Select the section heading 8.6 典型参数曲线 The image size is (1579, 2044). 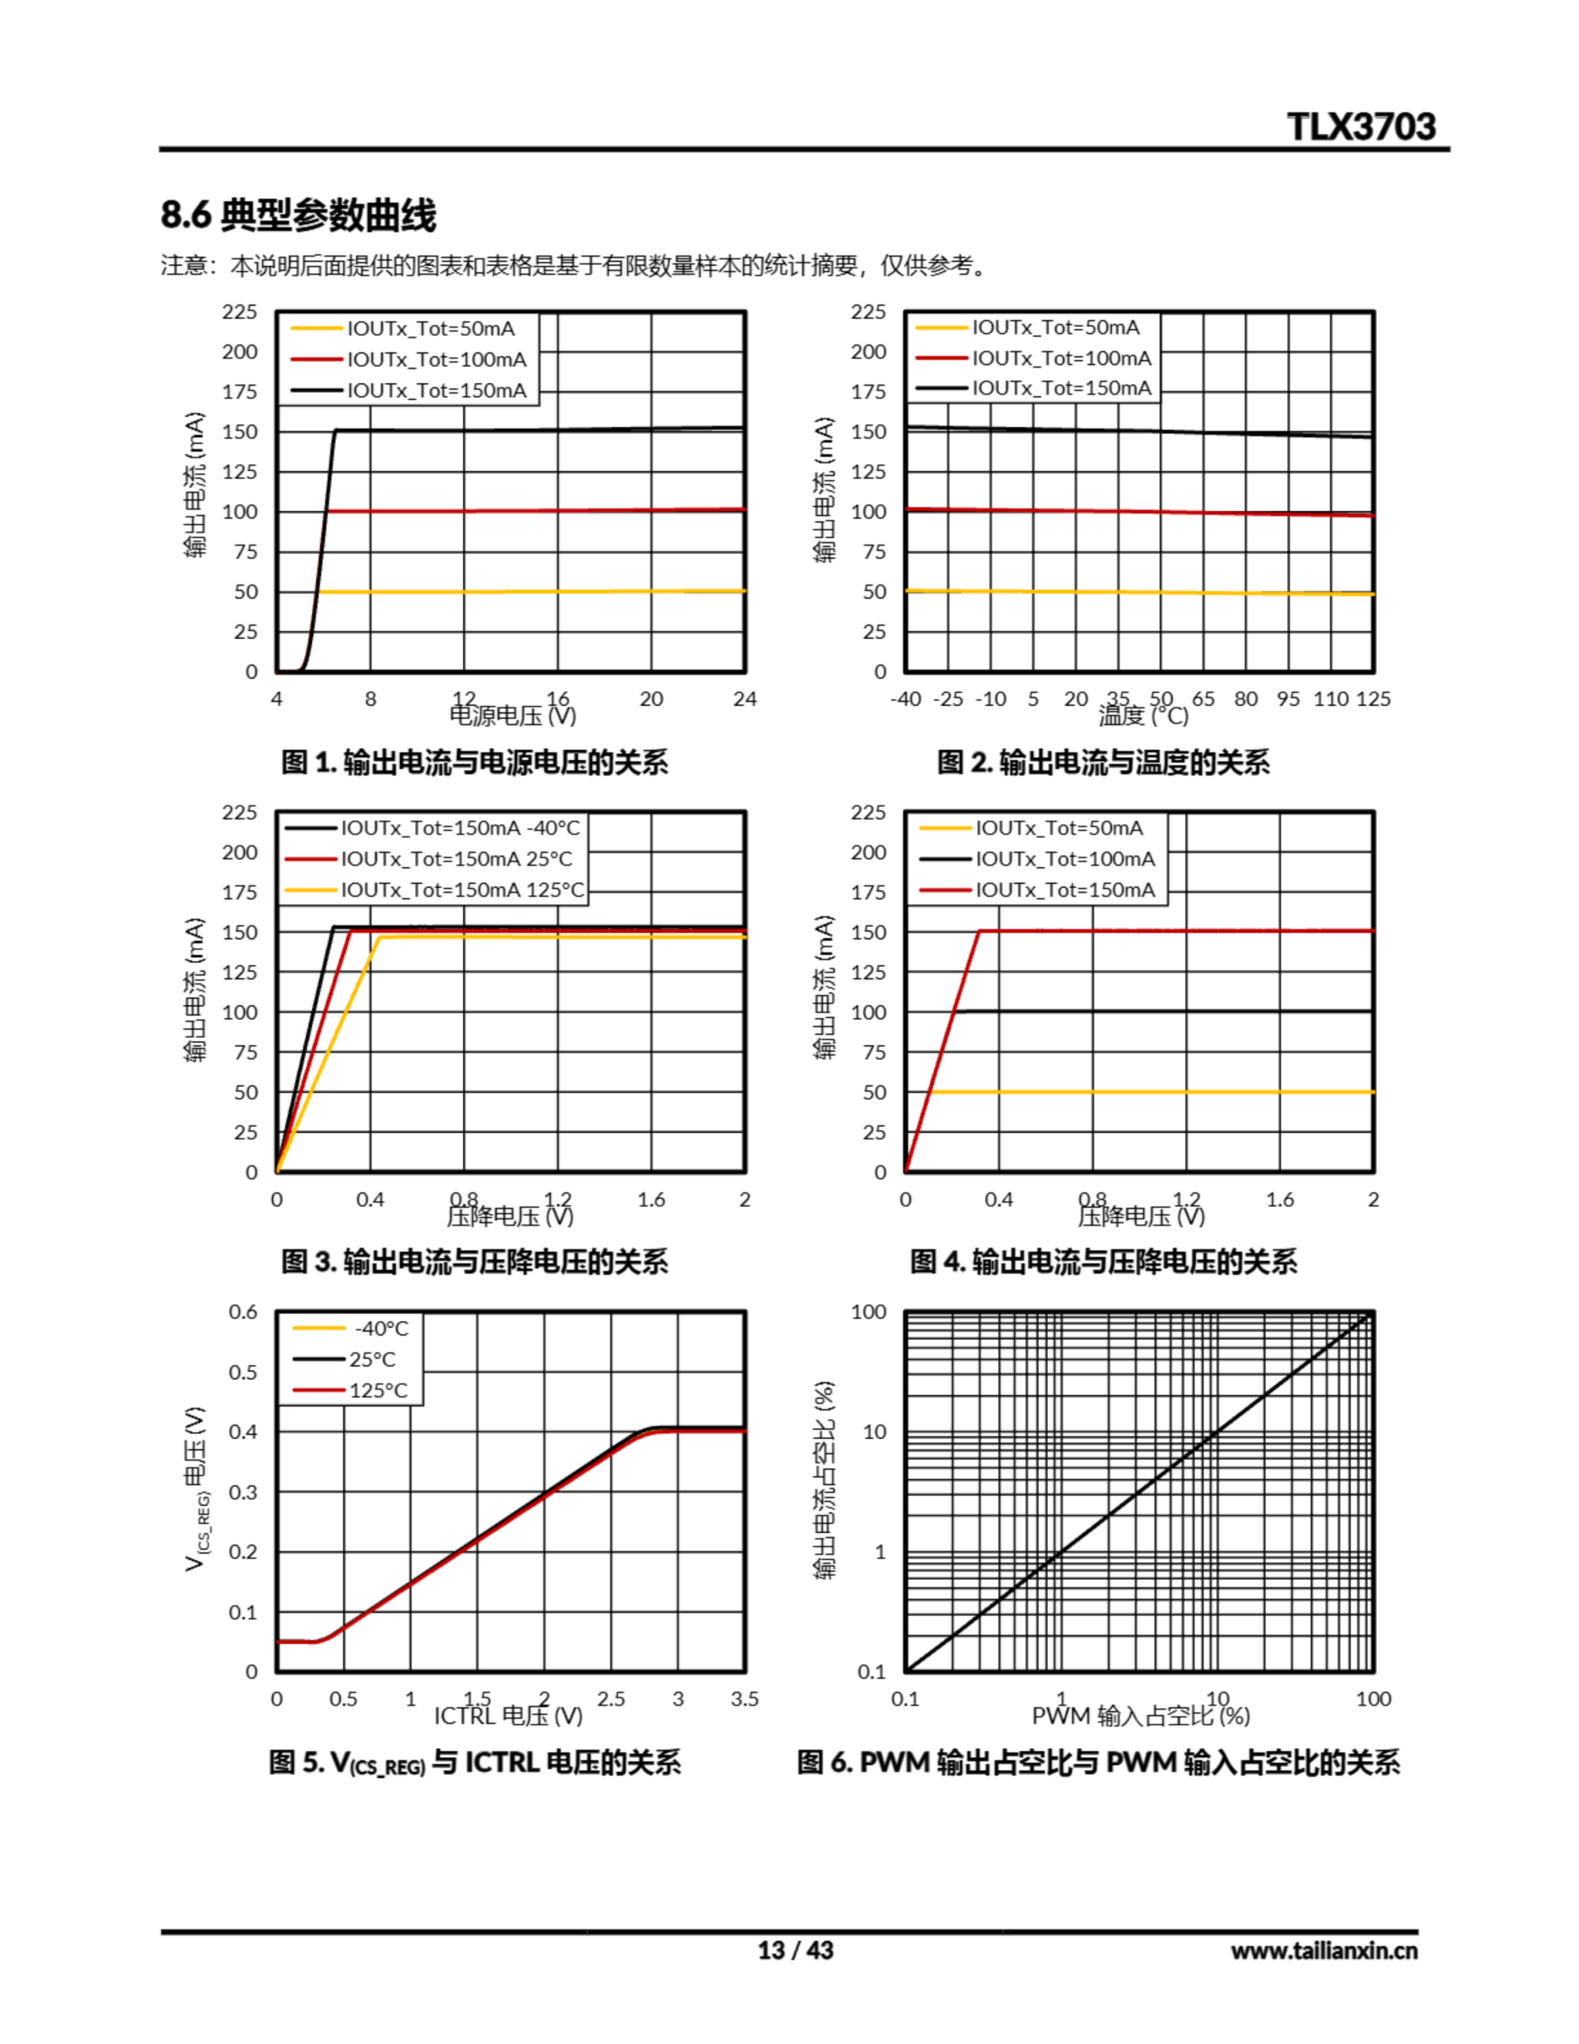[299, 216]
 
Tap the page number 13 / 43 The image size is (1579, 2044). [794, 1950]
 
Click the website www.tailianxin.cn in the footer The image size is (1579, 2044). [1324, 1951]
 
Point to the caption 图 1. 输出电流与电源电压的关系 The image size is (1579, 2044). [474, 762]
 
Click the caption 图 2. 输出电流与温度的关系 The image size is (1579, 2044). [1102, 762]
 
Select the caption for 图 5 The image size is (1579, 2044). [474, 1762]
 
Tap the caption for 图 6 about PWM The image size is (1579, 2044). [1098, 1762]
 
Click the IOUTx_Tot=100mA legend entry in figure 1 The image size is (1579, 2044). [436, 359]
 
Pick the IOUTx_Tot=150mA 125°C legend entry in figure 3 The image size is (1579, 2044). [462, 889]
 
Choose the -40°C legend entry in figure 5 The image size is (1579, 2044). [381, 1328]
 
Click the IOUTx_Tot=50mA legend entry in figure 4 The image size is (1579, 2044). [1059, 827]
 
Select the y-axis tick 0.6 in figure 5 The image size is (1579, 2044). [243, 1311]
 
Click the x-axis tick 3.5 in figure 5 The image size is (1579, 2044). [745, 1698]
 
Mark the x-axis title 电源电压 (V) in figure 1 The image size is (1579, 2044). [513, 717]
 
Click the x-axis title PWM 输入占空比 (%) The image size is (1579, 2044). [1140, 1717]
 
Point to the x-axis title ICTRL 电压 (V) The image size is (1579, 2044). [509, 1717]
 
